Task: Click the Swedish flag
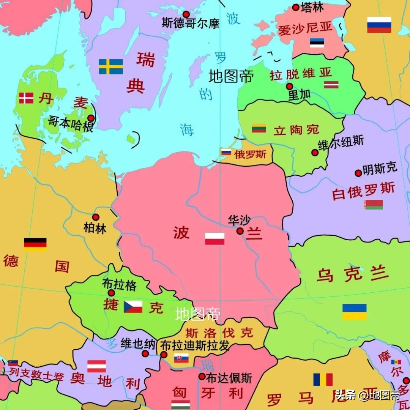111,66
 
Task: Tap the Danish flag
26,98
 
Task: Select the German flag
35,244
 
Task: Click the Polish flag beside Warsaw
214,238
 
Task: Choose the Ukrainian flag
354,312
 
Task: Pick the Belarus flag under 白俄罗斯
373,205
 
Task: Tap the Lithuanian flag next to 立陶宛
259,128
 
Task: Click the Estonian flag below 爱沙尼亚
317,43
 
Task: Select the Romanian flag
323,379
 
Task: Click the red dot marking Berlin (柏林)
96,217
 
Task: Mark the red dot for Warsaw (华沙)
240,231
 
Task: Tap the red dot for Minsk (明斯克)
358,173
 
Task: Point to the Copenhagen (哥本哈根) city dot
91,118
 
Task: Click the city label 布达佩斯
229,378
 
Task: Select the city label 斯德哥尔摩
191,23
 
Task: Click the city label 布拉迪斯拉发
195,345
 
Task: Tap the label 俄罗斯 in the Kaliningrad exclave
250,154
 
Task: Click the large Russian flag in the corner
379,25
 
